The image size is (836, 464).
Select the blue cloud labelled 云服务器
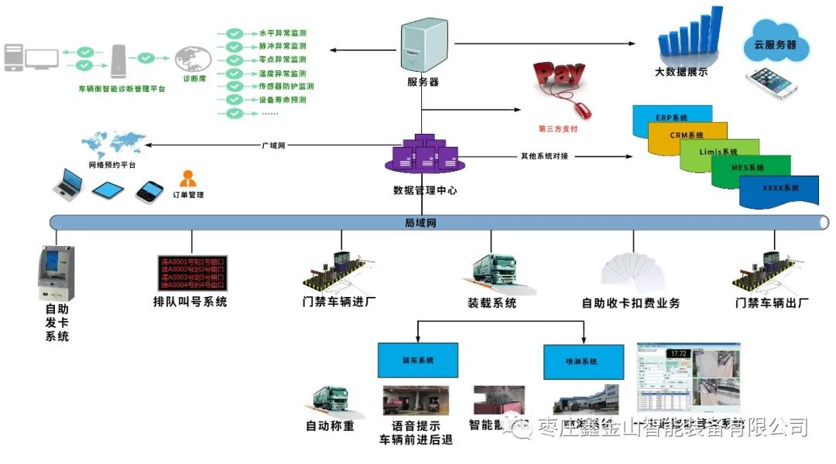[775, 44]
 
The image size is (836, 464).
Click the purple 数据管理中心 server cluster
[422, 155]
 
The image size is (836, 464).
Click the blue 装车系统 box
[418, 360]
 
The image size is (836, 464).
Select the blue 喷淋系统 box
[582, 361]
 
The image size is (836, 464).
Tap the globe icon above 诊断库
[193, 60]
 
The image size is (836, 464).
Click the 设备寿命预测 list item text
[282, 100]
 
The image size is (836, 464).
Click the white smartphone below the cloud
[772, 84]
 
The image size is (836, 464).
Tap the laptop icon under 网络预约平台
[67, 183]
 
